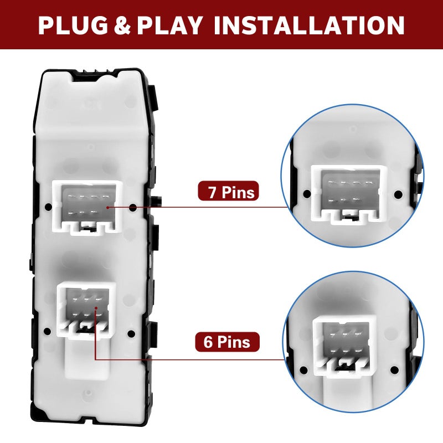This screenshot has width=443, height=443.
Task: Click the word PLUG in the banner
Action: tap(73, 25)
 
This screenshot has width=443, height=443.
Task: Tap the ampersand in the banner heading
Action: tap(122, 25)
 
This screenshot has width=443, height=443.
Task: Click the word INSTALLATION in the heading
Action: tap(310, 25)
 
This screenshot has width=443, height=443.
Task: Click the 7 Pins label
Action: tap(228, 191)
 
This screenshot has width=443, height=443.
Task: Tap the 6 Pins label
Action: tap(227, 342)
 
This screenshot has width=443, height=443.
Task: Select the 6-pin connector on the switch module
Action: tap(86, 310)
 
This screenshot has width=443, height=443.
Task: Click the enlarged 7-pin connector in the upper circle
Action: tap(349, 195)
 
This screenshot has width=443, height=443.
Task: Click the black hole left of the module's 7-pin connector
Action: tap(48, 207)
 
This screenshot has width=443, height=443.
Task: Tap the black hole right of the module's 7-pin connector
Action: tap(133, 208)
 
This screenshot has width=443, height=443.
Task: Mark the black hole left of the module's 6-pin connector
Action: tap(48, 331)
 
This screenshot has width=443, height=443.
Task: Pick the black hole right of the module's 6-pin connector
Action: tap(131, 334)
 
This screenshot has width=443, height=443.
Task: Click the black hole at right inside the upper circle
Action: tap(398, 194)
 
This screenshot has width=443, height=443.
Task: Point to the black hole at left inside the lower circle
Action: tap(303, 370)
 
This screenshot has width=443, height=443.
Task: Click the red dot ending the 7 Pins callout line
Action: tap(108, 207)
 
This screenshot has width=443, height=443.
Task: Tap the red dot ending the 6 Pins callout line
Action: tap(96, 308)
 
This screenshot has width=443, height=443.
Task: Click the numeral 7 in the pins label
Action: tap(212, 192)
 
